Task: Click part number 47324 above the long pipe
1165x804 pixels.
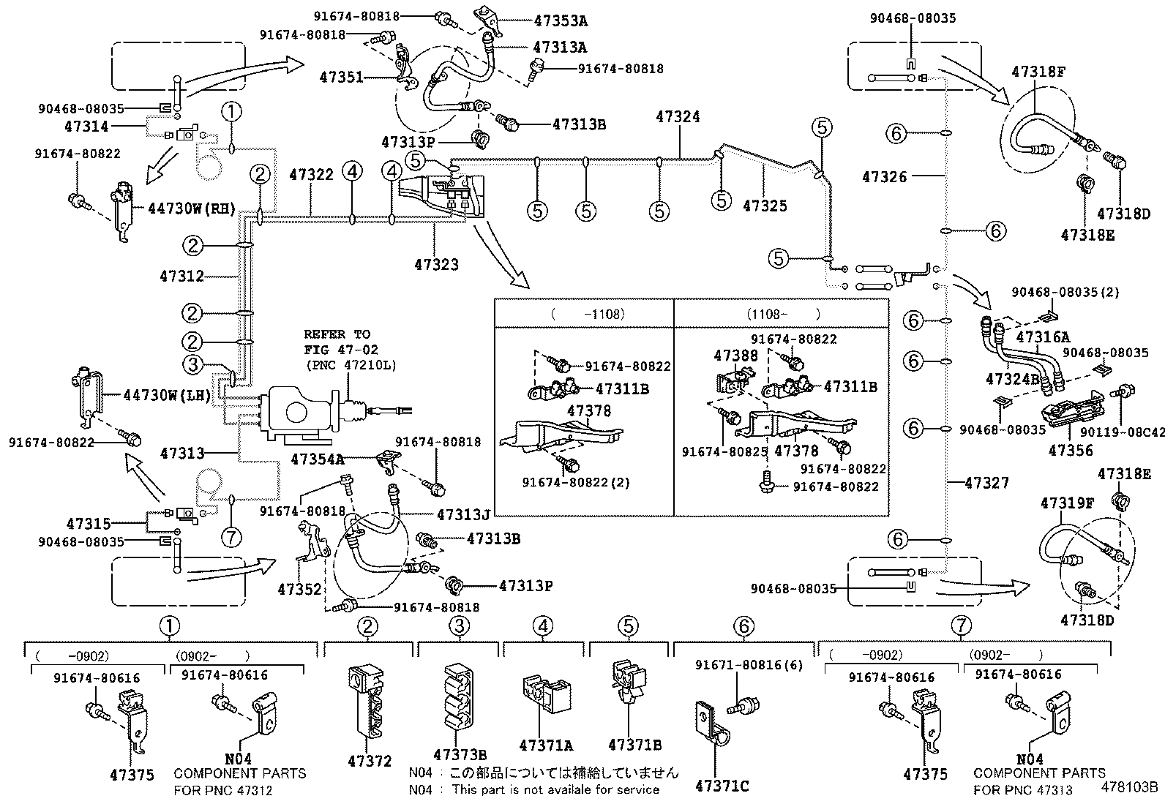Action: coord(678,116)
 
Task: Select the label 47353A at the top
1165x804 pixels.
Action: coord(561,20)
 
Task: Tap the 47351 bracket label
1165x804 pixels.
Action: coord(341,76)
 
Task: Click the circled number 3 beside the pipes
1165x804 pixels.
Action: coord(192,364)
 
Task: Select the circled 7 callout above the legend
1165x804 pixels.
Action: coord(962,625)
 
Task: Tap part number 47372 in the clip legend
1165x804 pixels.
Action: coord(370,761)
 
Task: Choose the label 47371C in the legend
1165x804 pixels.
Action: coord(722,786)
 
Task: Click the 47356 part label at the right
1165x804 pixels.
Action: coord(1071,451)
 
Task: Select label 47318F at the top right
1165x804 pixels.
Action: coord(1038,72)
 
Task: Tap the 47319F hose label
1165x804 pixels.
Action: coord(1067,503)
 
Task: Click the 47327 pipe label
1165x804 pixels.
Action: coord(986,483)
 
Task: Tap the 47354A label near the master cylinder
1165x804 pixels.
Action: coord(317,459)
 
